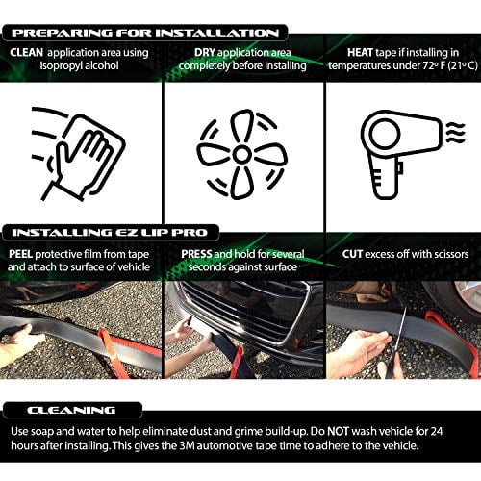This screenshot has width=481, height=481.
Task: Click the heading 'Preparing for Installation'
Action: click(145, 33)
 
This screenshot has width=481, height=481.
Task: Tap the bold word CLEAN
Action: click(26, 52)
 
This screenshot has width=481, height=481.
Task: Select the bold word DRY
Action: click(205, 52)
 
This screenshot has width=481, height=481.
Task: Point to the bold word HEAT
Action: click(360, 52)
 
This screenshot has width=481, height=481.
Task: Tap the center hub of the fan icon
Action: click(241, 154)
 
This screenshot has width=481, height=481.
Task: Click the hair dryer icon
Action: click(402, 154)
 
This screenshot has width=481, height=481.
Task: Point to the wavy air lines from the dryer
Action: click(456, 132)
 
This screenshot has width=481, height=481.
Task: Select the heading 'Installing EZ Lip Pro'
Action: click(110, 233)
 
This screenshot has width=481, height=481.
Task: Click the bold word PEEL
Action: click(20, 254)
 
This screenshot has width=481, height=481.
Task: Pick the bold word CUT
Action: click(352, 254)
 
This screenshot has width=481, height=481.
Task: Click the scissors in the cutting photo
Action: click(396, 343)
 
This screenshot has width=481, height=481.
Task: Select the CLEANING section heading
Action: click(71, 410)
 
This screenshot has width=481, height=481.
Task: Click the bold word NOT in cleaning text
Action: click(338, 431)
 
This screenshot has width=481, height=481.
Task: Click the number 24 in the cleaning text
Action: click(437, 431)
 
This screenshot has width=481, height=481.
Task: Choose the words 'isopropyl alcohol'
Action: click(79, 65)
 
